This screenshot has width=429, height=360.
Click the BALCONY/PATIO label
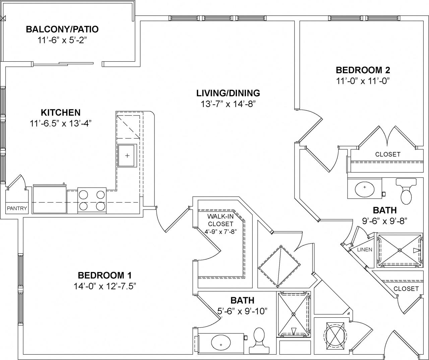click(62, 29)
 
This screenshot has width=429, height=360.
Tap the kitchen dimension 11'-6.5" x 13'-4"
click(61, 123)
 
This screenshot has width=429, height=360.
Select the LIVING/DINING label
click(228, 93)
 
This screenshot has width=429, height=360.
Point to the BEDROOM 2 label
click(363, 70)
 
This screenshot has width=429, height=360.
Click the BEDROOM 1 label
click(105, 275)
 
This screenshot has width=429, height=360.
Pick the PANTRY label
click(17, 208)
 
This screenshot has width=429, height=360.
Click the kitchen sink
click(127, 155)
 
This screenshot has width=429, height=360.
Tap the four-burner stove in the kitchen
click(92, 200)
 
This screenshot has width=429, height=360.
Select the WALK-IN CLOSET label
click(220, 220)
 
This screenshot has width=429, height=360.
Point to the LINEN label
click(365, 250)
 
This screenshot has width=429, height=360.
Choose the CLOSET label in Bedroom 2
click(388, 154)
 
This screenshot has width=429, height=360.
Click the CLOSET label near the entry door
click(406, 289)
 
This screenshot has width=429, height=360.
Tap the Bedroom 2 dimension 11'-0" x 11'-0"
click(363, 81)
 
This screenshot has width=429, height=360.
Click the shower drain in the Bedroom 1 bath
click(294, 314)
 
